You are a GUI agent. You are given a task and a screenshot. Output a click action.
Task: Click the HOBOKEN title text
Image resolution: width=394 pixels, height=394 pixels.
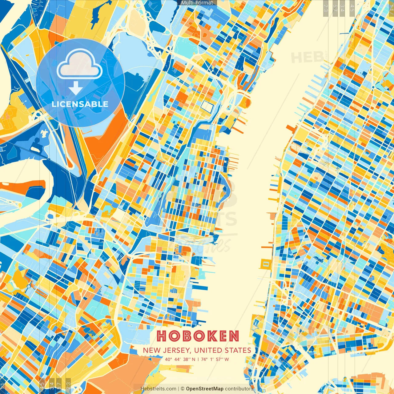coord(198,336)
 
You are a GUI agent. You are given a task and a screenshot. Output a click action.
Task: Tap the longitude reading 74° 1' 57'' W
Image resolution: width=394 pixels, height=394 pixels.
coord(215,359)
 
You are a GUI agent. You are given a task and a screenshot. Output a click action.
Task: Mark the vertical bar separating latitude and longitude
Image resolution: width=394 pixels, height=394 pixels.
coord(198,359)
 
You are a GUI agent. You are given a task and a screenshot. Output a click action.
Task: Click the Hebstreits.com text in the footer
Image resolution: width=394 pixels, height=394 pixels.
coord(158,389)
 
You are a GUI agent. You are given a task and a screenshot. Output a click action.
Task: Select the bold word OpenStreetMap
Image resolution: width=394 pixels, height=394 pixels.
coord(205,389)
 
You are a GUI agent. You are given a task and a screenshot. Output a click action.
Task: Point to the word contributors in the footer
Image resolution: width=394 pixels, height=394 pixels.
coord(239,389)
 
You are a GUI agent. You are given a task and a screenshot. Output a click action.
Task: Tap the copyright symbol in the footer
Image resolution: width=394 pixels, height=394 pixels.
coord(182,389)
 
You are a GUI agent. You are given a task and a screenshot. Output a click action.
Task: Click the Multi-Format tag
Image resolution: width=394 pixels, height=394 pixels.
coord(197,3)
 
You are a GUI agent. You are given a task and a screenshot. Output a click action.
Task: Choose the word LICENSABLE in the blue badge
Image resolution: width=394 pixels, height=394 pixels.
coord(80,104)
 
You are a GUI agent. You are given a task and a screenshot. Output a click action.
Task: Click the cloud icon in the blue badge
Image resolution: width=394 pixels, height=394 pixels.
coord(80,64)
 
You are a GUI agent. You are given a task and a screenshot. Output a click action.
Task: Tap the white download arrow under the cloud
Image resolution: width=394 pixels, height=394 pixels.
coord(75,88)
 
